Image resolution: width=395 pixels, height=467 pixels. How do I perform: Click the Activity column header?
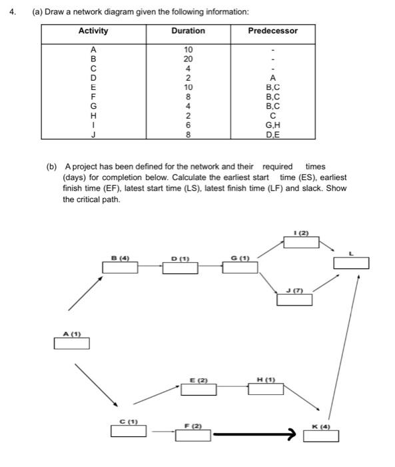(93, 31)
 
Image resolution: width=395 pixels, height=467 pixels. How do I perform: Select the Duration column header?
(188, 31)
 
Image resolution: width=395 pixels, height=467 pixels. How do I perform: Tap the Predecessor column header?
(272, 31)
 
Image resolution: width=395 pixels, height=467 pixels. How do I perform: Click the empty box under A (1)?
(71, 344)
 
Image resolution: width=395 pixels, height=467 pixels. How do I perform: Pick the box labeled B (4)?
(120, 268)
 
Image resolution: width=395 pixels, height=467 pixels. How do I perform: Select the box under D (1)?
(180, 268)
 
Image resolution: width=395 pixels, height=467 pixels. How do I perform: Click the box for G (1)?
(240, 268)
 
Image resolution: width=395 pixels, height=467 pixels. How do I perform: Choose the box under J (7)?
(294, 300)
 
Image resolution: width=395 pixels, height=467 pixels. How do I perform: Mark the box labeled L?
(351, 263)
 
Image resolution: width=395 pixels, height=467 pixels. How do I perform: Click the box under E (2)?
(198, 390)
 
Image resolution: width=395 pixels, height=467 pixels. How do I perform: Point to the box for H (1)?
(266, 389)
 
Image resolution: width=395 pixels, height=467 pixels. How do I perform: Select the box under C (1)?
(129, 431)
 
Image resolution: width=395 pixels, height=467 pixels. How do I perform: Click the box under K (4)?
(321, 436)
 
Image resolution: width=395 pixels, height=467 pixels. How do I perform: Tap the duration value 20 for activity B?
(188, 58)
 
